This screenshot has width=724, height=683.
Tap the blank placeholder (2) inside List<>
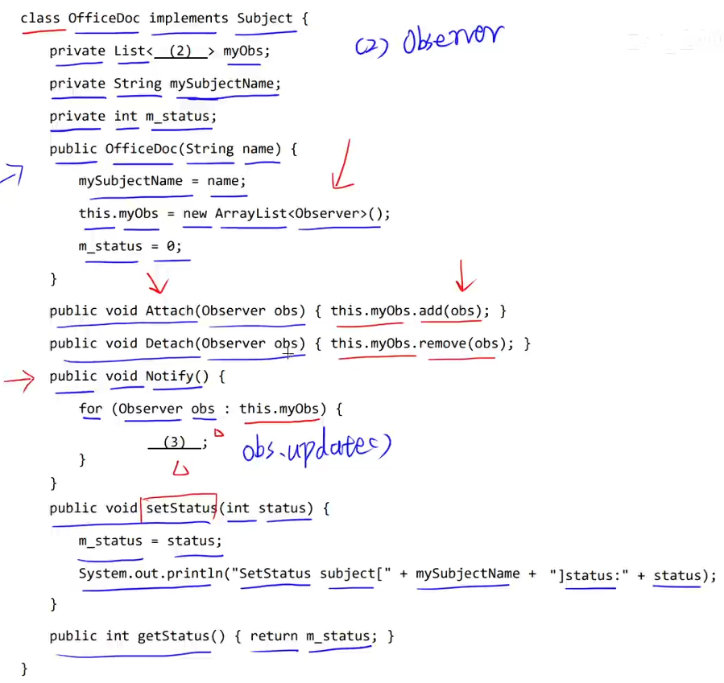pyautogui.click(x=180, y=51)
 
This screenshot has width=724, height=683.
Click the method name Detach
pyautogui.click(x=169, y=344)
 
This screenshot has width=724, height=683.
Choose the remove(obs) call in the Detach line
pyautogui.click(x=465, y=344)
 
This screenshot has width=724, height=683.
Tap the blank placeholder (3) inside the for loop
pyautogui.click(x=174, y=442)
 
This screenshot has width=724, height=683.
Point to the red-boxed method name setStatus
pyautogui.click(x=180, y=508)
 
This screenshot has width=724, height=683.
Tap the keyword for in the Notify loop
pyautogui.click(x=90, y=409)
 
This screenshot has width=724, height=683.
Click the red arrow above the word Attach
pyautogui.click(x=157, y=283)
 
